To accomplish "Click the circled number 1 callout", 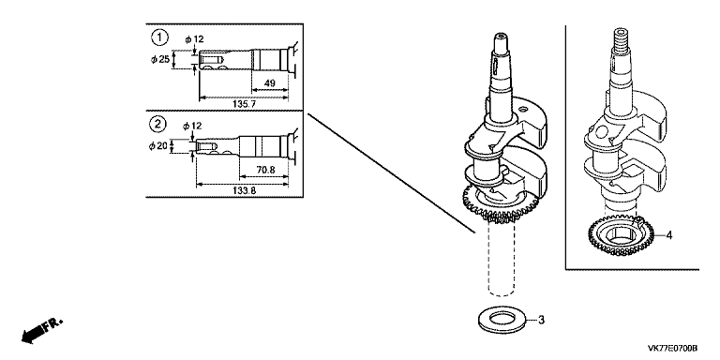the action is click(158, 37).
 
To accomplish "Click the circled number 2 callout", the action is click(157, 124).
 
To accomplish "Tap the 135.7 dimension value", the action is click(244, 104).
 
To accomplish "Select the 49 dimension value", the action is click(270, 83).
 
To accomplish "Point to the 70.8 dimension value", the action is click(265, 170).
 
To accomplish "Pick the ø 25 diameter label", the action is click(160, 59).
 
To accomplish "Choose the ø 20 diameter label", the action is click(158, 146).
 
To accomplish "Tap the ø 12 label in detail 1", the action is click(194, 39).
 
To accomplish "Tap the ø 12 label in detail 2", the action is click(192, 126).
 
